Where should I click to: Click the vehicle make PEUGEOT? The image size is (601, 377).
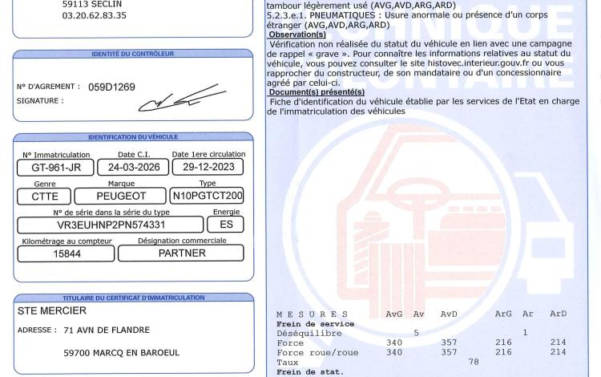click(121, 196)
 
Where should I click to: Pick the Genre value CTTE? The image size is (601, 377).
click(45, 196)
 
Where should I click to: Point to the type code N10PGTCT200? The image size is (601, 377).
click(208, 196)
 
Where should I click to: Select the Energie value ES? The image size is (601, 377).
click(227, 225)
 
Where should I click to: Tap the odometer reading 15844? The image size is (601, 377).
click(63, 253)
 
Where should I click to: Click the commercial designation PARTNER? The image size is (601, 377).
click(182, 253)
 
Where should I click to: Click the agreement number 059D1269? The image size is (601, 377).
click(112, 87)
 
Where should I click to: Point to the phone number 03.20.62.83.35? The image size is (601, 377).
click(95, 14)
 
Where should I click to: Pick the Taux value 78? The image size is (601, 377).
click(474, 362)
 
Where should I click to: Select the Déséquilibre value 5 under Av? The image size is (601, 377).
click(416, 333)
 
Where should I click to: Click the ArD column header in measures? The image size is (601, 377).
click(558, 314)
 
